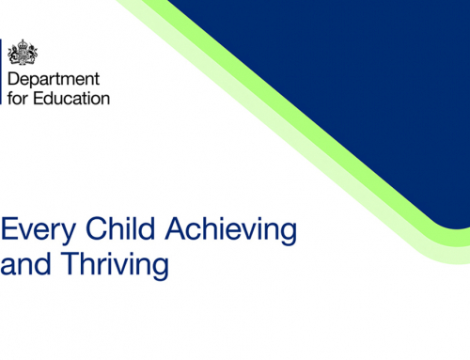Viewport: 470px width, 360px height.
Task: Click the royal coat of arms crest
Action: click(21, 52)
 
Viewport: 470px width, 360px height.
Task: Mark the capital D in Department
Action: click(13, 80)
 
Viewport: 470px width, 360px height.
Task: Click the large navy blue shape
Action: click(348, 75)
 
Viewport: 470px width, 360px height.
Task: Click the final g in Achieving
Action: click(288, 232)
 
